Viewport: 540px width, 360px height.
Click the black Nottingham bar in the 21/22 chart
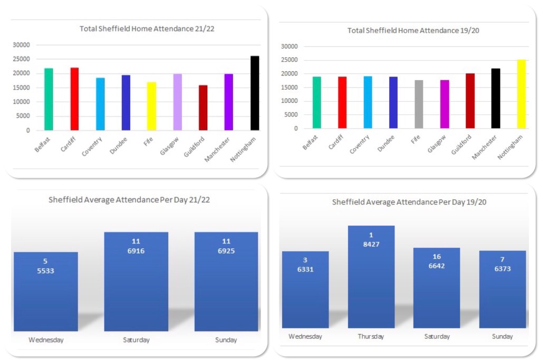(x=255, y=93)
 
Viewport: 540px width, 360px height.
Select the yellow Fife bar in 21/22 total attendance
(x=152, y=106)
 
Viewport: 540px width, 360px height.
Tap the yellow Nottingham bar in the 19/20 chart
(x=522, y=94)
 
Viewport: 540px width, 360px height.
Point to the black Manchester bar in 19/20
(x=496, y=99)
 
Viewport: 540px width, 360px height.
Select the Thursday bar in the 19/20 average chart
(x=371, y=277)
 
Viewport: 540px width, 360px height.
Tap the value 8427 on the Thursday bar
(x=371, y=245)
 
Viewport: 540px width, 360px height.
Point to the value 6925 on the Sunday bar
(x=226, y=251)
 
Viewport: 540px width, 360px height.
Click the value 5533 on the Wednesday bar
(x=46, y=271)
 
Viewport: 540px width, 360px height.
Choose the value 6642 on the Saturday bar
(x=437, y=266)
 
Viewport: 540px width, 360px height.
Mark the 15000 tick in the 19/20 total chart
(x=290, y=87)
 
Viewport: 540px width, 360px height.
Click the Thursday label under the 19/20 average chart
(x=371, y=336)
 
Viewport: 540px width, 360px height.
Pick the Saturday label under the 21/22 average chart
(x=136, y=340)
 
